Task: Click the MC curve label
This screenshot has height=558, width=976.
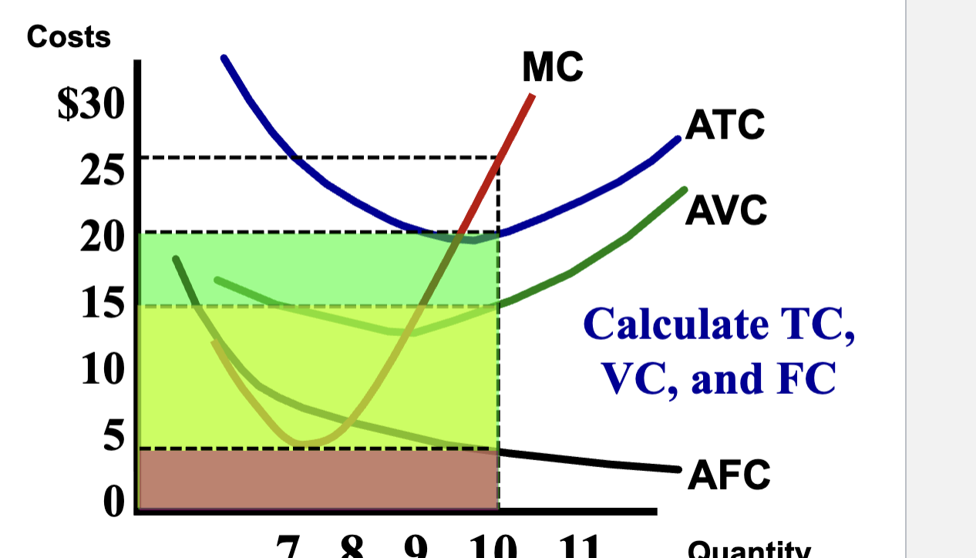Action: [x=552, y=68]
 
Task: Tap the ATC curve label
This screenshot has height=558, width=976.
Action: [x=725, y=125]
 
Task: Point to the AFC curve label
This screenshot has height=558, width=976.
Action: [x=728, y=473]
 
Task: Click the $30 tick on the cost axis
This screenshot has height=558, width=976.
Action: [x=89, y=106]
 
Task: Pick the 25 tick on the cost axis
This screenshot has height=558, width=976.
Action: [x=101, y=171]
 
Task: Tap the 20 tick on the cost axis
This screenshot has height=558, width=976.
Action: [x=101, y=237]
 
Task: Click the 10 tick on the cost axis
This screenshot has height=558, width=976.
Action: [x=101, y=370]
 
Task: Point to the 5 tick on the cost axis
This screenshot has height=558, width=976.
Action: [x=113, y=436]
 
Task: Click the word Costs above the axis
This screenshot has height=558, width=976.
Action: [x=69, y=37]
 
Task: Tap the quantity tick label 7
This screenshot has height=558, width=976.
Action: [x=288, y=547]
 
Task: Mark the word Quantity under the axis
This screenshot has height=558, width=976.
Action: [x=748, y=550]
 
